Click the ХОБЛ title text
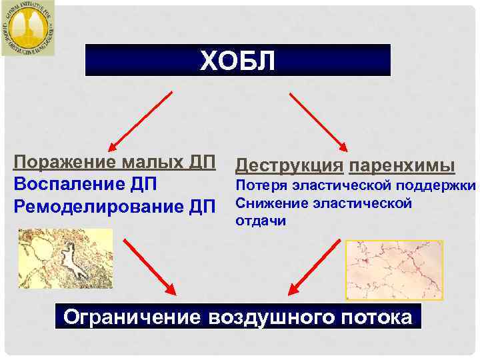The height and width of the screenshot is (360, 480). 237,61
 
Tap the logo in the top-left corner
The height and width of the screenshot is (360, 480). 28,27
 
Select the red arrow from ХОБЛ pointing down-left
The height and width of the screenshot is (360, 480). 141,119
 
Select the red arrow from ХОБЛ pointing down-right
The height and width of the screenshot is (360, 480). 319,119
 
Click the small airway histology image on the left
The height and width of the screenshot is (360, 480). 65,258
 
